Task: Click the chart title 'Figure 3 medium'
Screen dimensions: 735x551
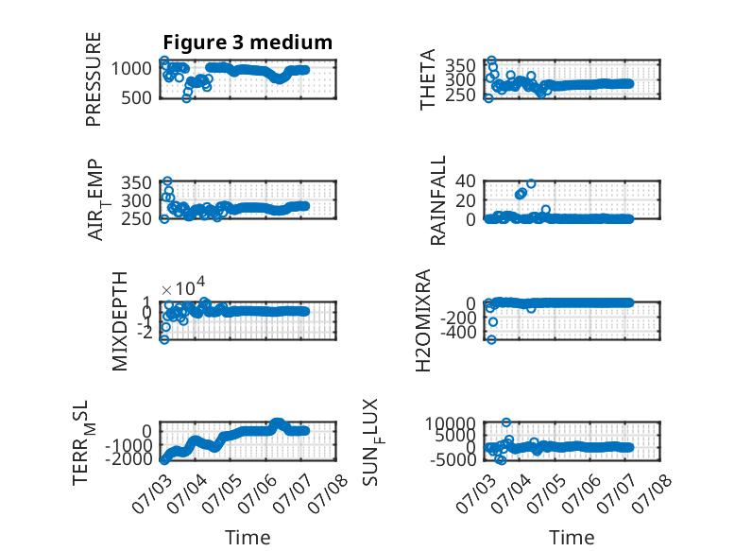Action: (248, 43)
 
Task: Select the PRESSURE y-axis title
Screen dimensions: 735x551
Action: (94, 79)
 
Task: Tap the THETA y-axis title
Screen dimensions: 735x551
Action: (428, 79)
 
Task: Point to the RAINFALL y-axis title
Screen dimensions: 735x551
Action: (437, 200)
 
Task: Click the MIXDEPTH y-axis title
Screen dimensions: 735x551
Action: (120, 321)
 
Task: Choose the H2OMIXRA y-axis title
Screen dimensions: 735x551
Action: (423, 320)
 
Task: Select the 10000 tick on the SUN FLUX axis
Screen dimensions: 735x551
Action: (450, 423)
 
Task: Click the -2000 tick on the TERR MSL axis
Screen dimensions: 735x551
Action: (128, 458)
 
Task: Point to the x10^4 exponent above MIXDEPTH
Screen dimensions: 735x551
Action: (183, 286)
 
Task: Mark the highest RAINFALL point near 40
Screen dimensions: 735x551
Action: (531, 183)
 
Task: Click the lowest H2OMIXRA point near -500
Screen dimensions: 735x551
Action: (491, 339)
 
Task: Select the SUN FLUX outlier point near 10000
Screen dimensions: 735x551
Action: (505, 422)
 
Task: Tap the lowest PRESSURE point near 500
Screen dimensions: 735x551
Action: (186, 98)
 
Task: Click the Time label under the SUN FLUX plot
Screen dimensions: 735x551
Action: (572, 537)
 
